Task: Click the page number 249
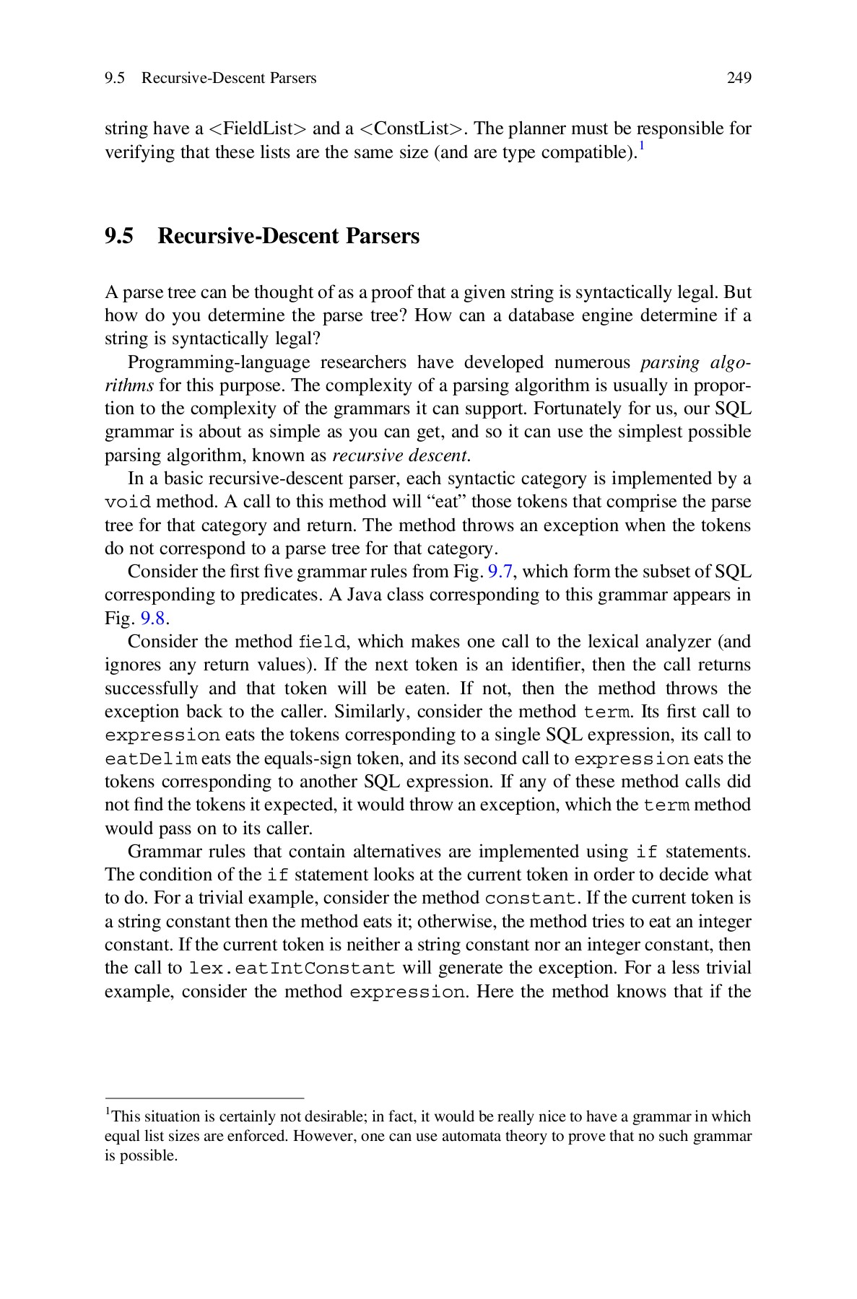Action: click(739, 78)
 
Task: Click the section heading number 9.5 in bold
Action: click(119, 236)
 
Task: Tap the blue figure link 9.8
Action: click(153, 618)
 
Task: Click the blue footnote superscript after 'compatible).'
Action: click(641, 146)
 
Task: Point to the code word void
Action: click(127, 502)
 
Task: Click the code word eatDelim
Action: click(151, 759)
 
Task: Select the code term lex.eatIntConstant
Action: click(292, 968)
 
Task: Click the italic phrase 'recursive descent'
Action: click(399, 455)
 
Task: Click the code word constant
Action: click(531, 898)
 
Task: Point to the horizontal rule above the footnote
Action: click(204, 1098)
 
